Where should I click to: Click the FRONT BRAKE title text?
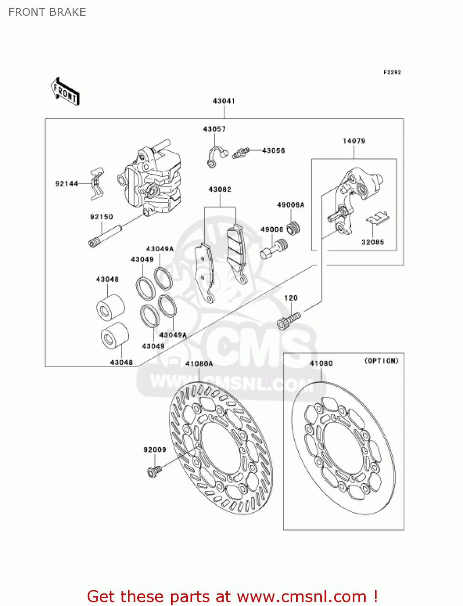[47, 12]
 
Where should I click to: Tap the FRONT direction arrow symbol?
[65, 92]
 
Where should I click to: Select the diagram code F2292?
[392, 72]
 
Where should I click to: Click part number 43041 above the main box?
[224, 101]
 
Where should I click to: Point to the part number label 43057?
[214, 129]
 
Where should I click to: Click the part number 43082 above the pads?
[220, 189]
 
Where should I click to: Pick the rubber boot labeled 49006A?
[294, 228]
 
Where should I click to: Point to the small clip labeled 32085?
[378, 219]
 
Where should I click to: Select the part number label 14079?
[354, 141]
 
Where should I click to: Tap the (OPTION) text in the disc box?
[381, 361]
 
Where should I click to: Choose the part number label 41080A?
[199, 364]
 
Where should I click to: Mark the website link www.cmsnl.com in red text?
[302, 596]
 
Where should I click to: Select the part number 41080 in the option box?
[321, 364]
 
